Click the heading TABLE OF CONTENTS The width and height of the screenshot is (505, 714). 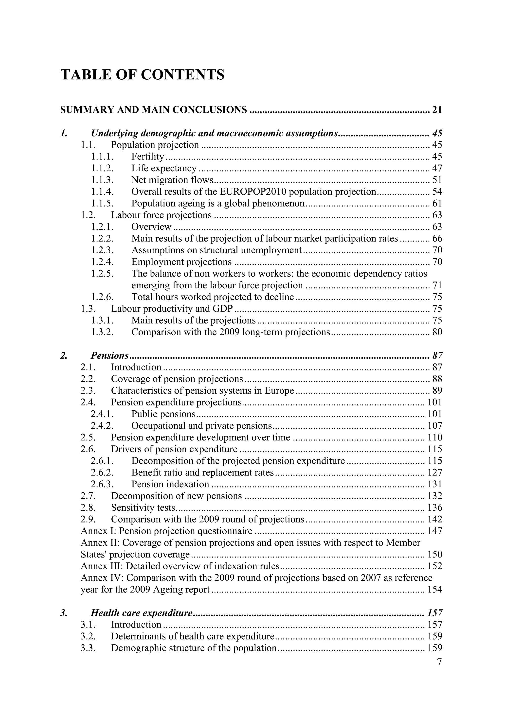(142, 75)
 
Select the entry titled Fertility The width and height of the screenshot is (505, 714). (147, 157)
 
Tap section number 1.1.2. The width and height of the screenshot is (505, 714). (102, 169)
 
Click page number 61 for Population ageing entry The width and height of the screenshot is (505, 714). (437, 204)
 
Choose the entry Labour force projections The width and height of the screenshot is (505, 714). (161, 215)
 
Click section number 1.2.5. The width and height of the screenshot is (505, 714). (102, 274)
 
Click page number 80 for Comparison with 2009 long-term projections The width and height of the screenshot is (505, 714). (437, 332)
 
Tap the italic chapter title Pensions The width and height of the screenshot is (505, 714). (109, 355)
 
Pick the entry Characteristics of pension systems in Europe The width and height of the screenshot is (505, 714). (202, 391)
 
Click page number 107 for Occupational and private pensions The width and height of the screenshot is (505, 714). (435, 426)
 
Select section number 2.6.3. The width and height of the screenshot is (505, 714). (102, 484)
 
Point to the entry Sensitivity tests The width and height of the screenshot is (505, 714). (143, 507)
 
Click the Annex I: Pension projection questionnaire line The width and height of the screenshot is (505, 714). (166, 531)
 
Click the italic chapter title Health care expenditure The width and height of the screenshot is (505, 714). (142, 613)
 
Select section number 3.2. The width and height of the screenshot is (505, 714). (88, 636)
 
